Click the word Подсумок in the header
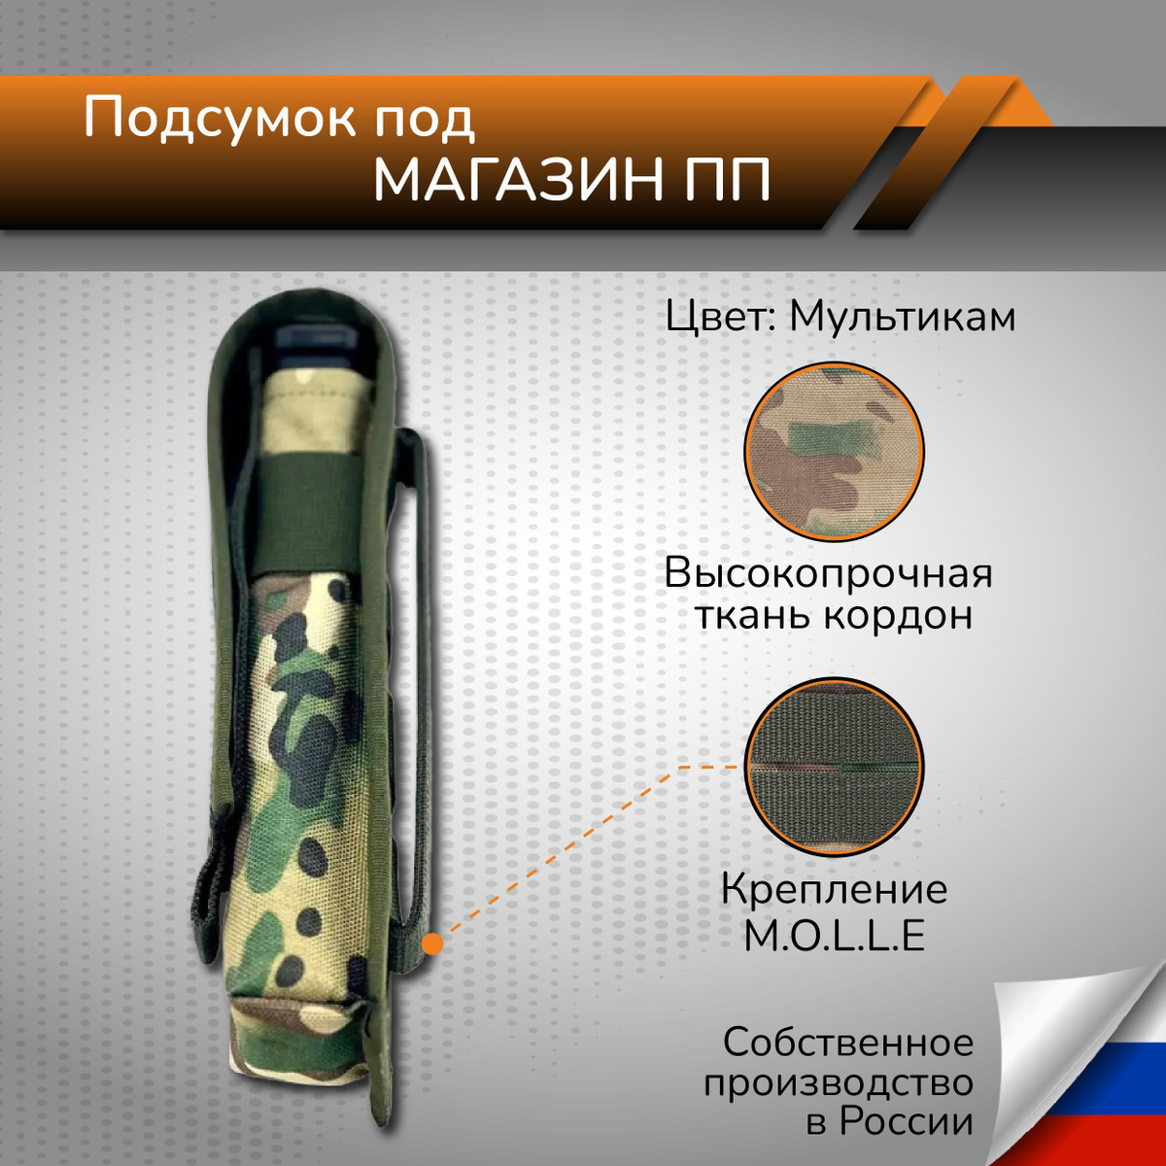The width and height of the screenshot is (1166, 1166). pos(220,120)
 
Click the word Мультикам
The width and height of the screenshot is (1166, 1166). pos(902,317)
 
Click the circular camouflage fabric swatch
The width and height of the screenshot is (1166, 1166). pos(835,452)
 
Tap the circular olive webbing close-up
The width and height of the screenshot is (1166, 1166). pos(835,768)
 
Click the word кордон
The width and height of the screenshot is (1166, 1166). pos(898,616)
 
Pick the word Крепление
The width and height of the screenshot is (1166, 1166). pos(835,890)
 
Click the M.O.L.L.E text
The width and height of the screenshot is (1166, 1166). pos(835,937)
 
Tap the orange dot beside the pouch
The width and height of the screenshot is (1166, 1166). pos(432,943)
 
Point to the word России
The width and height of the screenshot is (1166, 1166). pos(906,1121)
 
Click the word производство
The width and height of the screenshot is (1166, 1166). pos(838,1083)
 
